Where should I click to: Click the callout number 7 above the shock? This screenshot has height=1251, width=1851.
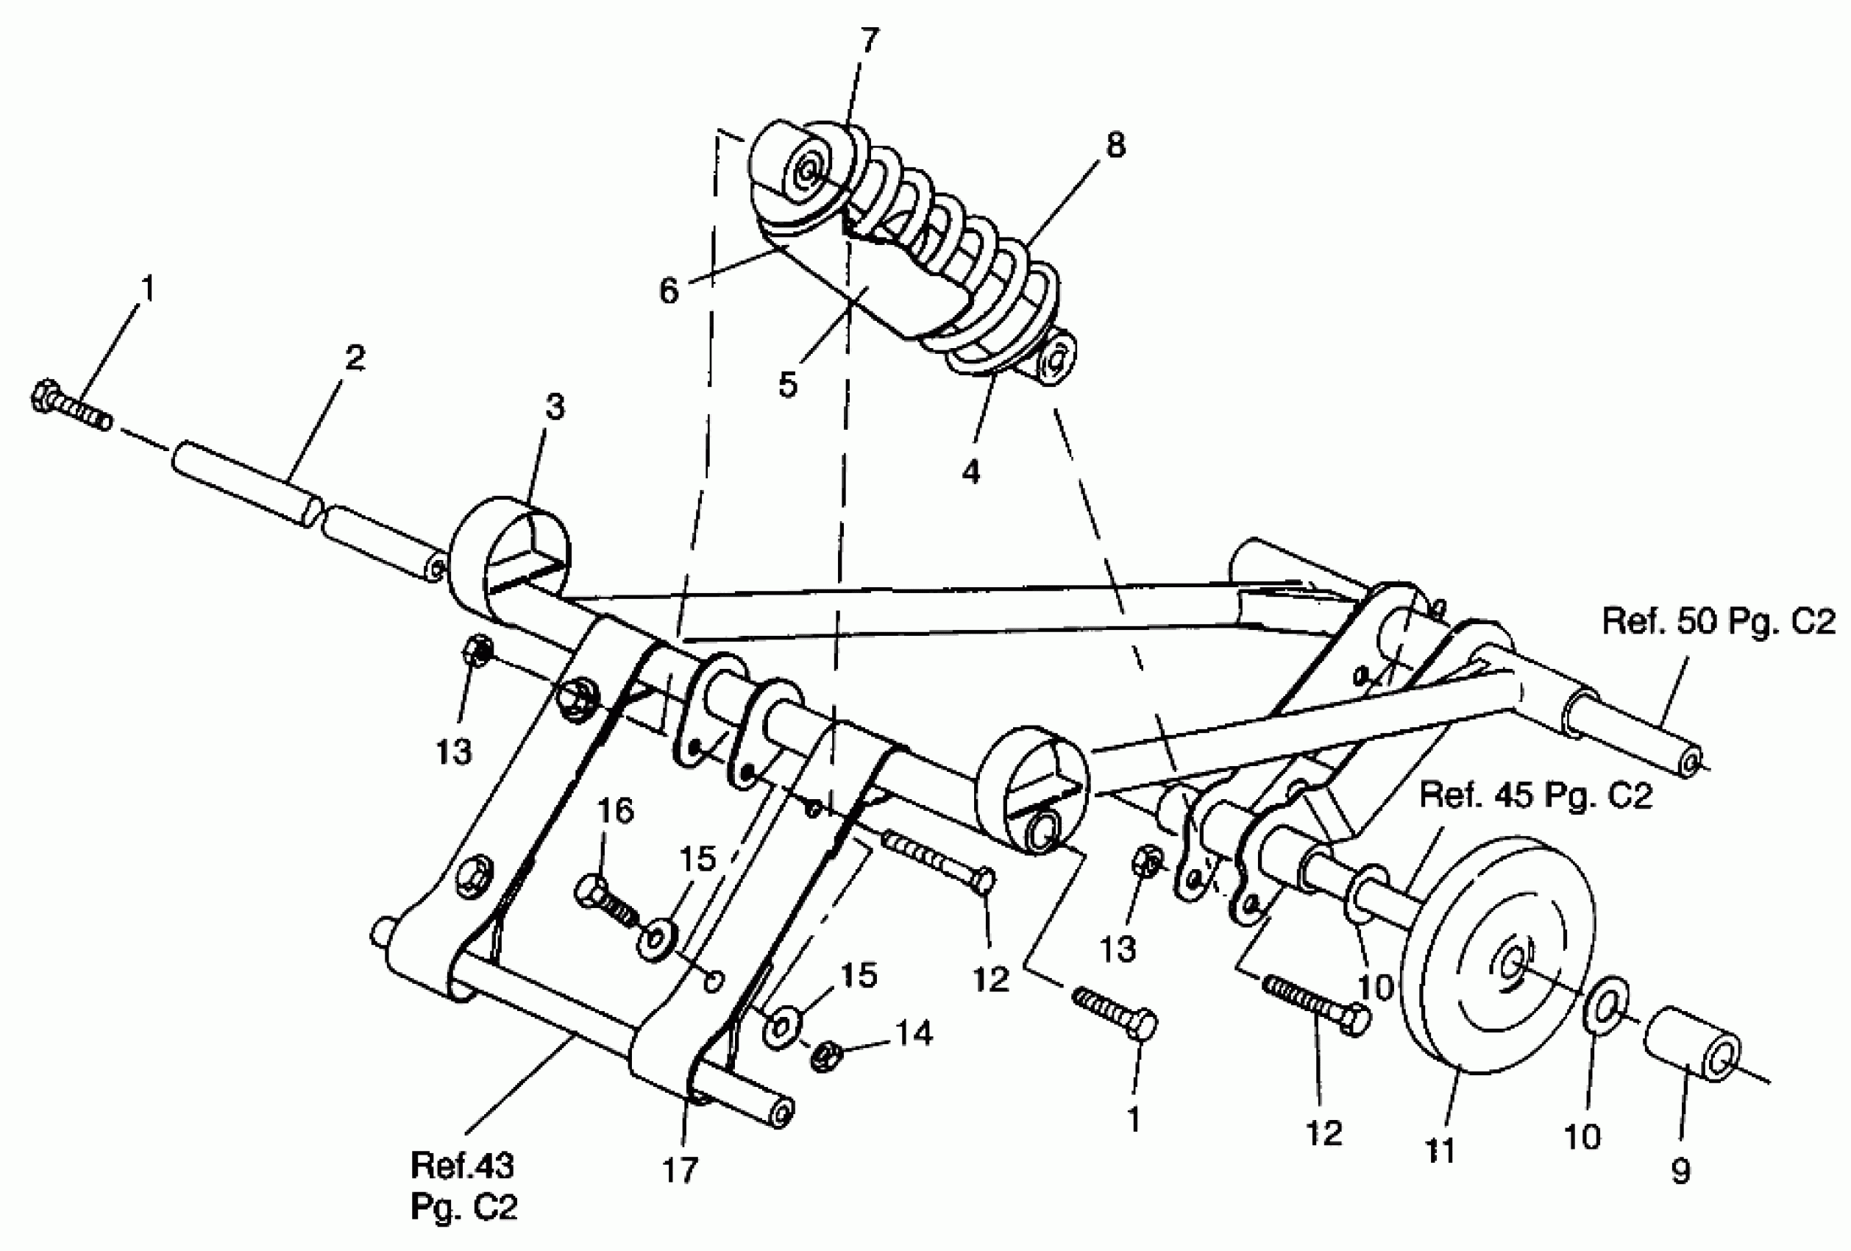[869, 39]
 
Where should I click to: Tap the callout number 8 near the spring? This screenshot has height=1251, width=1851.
[1115, 145]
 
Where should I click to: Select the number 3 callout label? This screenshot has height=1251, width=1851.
[555, 407]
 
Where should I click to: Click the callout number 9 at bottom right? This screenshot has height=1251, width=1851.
[1680, 1172]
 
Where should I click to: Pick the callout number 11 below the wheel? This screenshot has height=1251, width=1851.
[1439, 1151]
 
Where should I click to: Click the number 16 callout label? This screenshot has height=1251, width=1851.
[615, 811]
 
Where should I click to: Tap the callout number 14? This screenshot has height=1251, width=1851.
[914, 1033]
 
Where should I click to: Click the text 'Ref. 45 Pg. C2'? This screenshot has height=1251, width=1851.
[1536, 796]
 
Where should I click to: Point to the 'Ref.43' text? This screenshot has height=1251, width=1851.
[462, 1166]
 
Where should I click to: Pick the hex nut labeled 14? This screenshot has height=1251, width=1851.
[827, 1057]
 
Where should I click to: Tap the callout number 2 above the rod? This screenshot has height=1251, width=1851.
[355, 358]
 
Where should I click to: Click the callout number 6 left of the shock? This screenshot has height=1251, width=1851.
[669, 291]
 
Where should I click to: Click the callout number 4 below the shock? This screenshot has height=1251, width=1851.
[970, 472]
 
